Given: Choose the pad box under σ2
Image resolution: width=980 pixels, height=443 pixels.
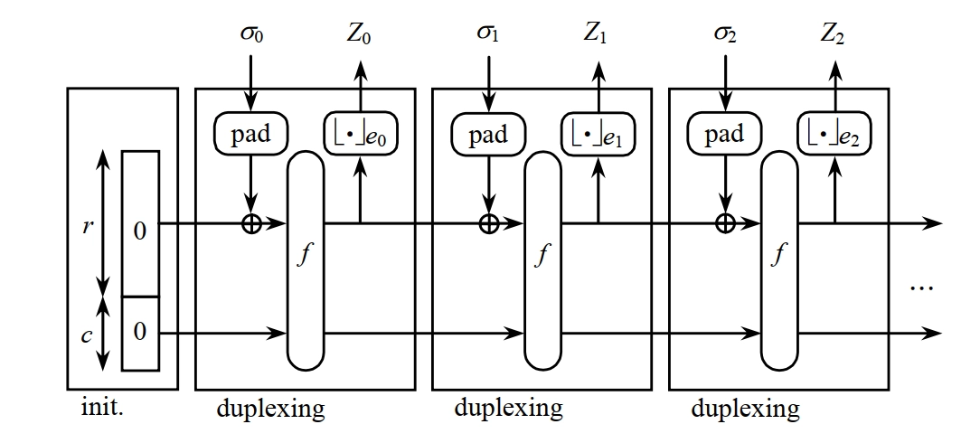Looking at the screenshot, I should click(724, 135).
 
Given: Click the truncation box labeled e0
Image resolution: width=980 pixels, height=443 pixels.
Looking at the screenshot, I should click(361, 135).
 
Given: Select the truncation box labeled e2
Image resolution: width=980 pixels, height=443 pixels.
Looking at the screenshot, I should click(834, 135).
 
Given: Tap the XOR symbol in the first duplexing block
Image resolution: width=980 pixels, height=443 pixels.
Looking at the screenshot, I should click(251, 222).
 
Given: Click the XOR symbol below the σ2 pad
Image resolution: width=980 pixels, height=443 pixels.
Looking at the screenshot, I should click(724, 222).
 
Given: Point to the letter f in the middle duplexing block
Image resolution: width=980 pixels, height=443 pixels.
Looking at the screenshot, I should click(542, 256).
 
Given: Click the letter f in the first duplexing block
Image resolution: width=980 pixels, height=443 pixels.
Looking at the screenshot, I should click(305, 256).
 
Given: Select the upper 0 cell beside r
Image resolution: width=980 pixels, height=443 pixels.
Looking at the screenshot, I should click(139, 231).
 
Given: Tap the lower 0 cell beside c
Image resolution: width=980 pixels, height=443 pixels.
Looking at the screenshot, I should click(139, 332).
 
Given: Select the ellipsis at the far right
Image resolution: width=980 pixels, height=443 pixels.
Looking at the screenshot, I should click(920, 288).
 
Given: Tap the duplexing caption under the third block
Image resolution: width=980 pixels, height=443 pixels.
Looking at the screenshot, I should click(745, 409).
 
